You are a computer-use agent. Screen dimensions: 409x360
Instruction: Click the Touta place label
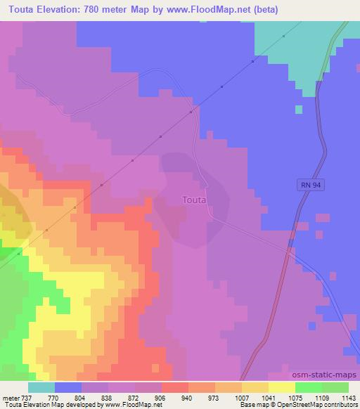pyautogui.click(x=193, y=200)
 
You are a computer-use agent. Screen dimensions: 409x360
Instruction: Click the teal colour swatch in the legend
pyautogui.click(x=41, y=387)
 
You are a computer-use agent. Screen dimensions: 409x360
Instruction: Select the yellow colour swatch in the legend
pyautogui.click(x=281, y=387)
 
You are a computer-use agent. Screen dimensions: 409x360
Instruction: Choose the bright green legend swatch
pyautogui.click(x=308, y=387)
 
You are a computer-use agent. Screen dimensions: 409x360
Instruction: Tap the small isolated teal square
pyautogui.click(x=299, y=109)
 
